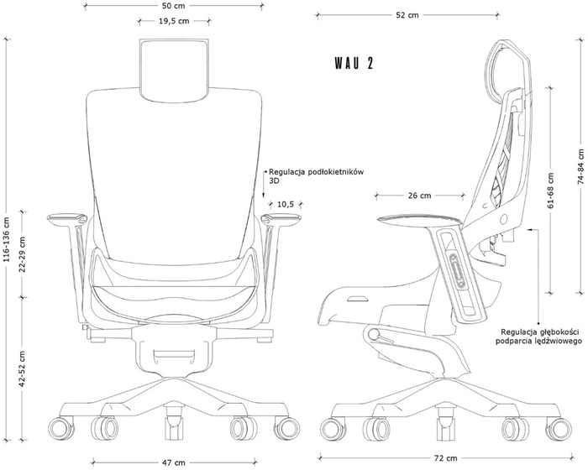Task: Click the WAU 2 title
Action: click(x=354, y=63)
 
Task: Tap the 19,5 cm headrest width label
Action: click(x=174, y=21)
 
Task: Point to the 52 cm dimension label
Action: click(x=407, y=15)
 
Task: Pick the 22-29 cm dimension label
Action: click(x=23, y=254)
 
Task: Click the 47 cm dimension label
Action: click(x=174, y=462)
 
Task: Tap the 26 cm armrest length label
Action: click(x=420, y=196)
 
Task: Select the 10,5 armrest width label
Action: click(x=286, y=204)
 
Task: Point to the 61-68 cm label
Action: click(x=550, y=191)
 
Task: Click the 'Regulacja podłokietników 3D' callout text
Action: click(x=316, y=176)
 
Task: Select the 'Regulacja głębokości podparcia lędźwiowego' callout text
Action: click(x=539, y=337)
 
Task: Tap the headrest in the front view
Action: click(x=174, y=70)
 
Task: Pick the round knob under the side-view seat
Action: click(x=374, y=334)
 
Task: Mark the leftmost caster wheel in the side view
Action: click(x=333, y=428)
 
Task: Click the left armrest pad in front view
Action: click(x=66, y=217)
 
